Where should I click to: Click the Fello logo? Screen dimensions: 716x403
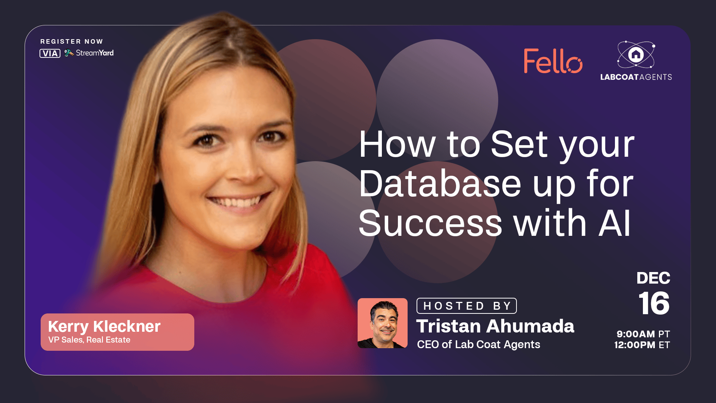coord(553,61)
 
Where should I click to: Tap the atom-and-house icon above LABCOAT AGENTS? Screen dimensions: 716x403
coord(636,54)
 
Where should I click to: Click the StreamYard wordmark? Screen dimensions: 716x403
coord(95,53)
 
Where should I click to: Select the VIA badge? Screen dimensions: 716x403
coord(50,53)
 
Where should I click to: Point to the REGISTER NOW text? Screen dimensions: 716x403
coord(72,41)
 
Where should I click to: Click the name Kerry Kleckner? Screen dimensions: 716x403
coord(104,327)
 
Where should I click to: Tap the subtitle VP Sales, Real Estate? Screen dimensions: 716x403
coord(89,340)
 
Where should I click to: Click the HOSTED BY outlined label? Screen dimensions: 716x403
coord(467,306)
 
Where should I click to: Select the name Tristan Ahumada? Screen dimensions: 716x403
coord(495,326)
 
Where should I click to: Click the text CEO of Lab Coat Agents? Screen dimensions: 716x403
coord(478,344)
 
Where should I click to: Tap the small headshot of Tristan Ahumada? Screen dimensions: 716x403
coord(383,323)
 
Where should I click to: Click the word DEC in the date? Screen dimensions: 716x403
coord(653,278)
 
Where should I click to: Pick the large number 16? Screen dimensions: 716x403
coord(654,303)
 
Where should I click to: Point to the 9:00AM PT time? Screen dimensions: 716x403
coord(643,334)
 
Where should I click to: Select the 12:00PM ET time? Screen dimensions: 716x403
coord(642,345)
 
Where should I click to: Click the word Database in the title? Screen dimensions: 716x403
coord(440,184)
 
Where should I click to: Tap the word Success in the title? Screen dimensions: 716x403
coord(430,223)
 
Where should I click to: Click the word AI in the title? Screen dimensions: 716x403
coord(615,223)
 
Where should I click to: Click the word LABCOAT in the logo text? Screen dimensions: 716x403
coord(619,77)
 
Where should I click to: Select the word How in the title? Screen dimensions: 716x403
coord(398,144)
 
